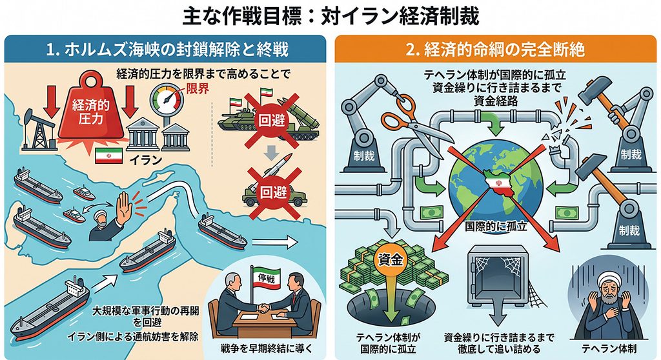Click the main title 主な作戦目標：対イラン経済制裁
331,16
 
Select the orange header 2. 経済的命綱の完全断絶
495,49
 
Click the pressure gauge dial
167,99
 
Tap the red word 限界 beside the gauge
198,88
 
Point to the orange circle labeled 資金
391,261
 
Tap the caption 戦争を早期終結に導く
267,348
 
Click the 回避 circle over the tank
272,121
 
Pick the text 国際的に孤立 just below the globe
496,226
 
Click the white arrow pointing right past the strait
274,243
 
